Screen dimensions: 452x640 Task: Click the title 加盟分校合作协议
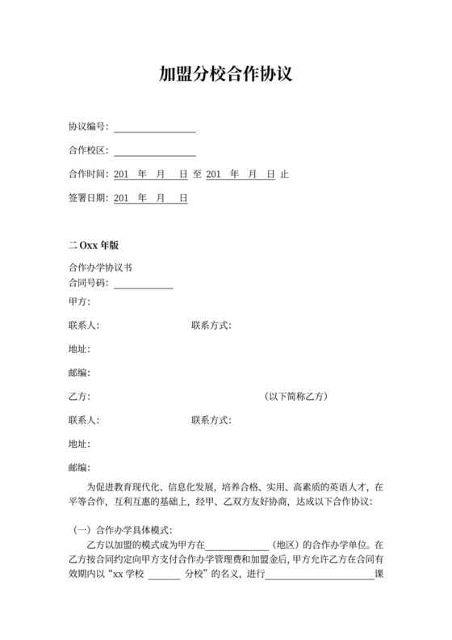[225, 75]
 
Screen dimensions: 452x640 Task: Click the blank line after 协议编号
[155, 128]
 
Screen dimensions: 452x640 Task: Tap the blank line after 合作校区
[155, 151]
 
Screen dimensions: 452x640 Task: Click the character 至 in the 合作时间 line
[197, 175]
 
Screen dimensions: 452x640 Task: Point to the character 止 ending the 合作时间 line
[284, 175]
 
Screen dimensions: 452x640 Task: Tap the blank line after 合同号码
[144, 284]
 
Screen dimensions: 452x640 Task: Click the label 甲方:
[80, 302]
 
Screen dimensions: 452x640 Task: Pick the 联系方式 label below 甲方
[211, 326]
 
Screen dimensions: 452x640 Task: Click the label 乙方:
[80, 397]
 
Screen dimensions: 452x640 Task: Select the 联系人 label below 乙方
[84, 420]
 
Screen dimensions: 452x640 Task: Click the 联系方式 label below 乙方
[211, 420]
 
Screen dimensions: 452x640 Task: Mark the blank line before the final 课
[320, 575]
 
